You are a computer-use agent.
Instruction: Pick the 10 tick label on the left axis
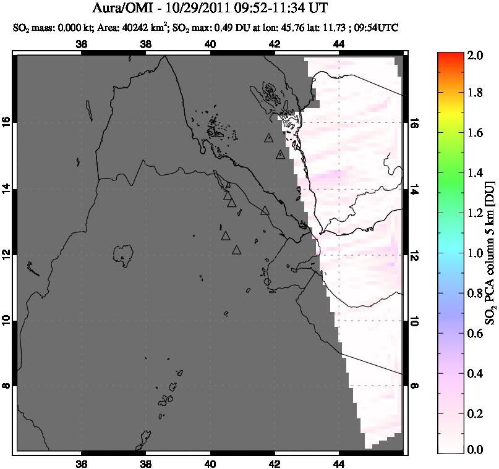8,320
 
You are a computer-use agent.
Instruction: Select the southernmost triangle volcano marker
236,250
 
